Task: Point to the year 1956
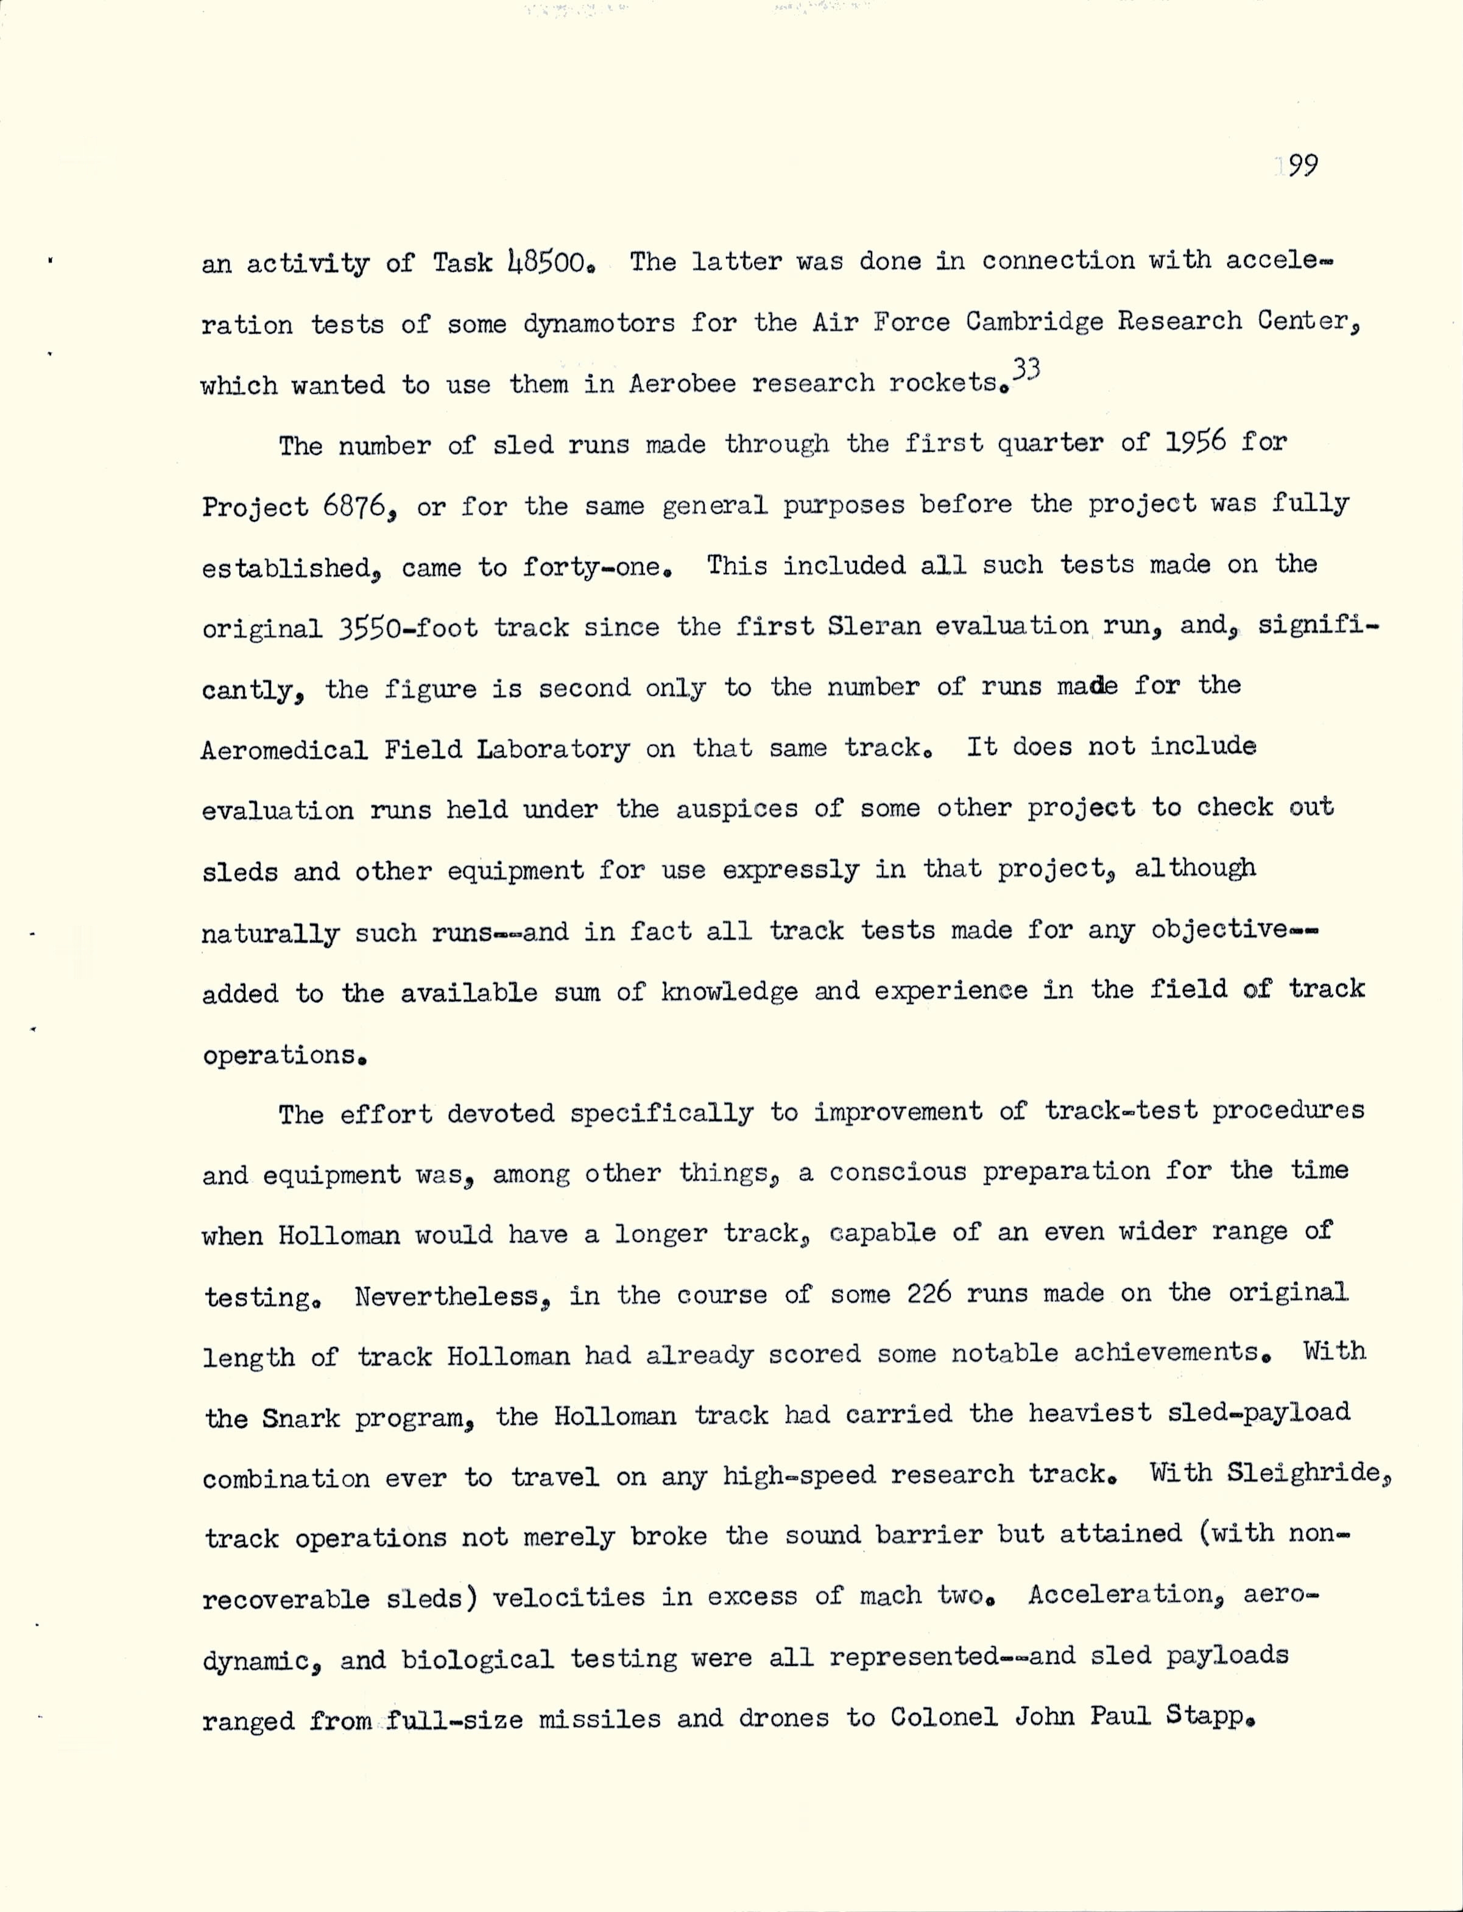click(x=1195, y=442)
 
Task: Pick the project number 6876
click(x=353, y=506)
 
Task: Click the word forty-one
click(x=596, y=567)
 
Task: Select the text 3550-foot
click(x=407, y=628)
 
